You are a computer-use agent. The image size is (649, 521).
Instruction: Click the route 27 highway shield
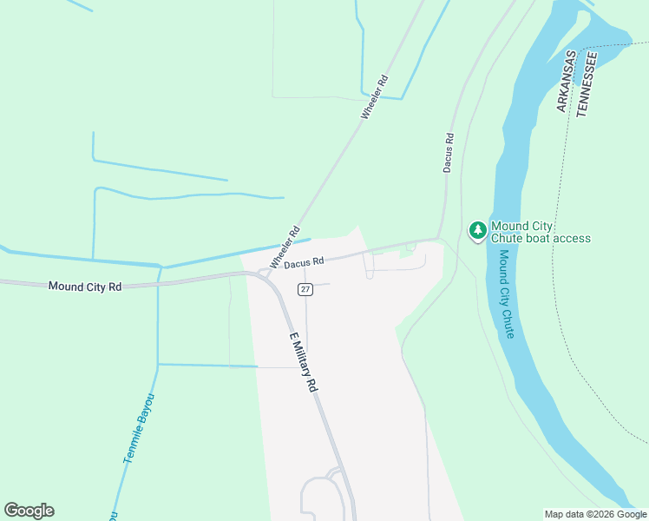305,289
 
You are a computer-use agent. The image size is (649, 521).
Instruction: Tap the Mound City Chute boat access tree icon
477,230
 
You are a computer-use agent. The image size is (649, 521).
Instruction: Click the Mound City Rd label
84,286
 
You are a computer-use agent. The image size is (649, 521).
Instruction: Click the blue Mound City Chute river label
506,294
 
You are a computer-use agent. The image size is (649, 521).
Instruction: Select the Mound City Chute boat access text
541,232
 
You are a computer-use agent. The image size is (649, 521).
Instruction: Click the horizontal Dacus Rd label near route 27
304,260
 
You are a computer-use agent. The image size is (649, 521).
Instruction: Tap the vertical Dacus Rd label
449,152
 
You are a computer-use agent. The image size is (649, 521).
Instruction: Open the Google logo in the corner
29,511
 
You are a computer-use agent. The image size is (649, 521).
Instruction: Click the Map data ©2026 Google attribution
595,514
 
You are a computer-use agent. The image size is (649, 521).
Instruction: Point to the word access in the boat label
573,238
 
